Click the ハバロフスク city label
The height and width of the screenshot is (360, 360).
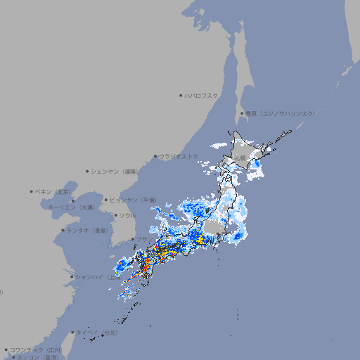pos(202,95)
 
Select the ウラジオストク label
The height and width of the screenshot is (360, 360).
pos(179,156)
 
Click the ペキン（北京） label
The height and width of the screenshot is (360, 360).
pos(53,191)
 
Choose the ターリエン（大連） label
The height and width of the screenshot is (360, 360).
pos(70,207)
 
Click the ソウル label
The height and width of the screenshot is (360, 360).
pos(127,215)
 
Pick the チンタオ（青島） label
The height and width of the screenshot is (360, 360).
pos(86,231)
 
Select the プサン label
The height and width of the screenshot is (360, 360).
pos(144,240)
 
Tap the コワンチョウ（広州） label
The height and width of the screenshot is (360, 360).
pos(35,349)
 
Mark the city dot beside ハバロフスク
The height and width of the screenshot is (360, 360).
pos(181,95)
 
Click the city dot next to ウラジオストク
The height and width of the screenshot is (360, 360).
pos(155,156)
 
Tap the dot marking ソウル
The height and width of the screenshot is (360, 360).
pos(115,215)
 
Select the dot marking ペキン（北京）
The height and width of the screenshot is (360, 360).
pos(32,191)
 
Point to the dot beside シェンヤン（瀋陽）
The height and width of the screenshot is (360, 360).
pos(88,171)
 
